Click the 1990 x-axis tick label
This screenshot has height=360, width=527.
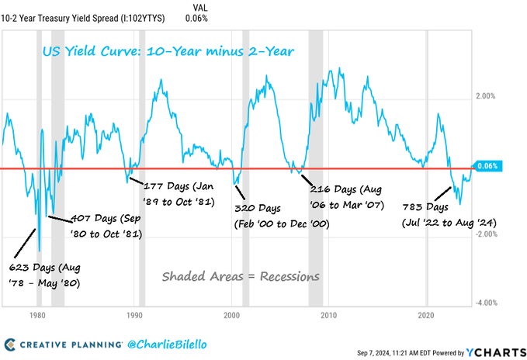click(134, 316)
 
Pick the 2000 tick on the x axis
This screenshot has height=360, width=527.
click(231, 316)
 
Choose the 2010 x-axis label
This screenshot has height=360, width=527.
click(328, 316)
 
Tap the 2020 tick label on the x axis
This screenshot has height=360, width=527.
click(425, 316)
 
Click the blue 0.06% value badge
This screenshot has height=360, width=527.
click(489, 166)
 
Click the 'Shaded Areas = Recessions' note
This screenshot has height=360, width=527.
click(240, 276)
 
